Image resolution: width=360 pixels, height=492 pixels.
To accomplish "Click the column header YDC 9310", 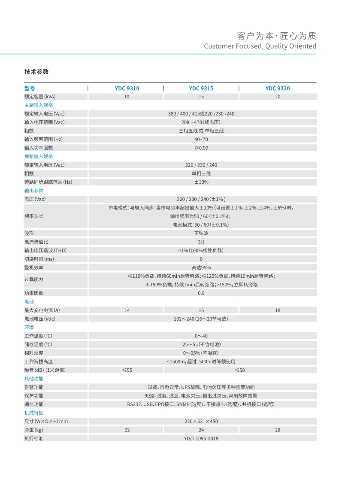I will point(127,88).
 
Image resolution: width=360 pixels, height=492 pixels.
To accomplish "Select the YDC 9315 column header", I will point(201,88).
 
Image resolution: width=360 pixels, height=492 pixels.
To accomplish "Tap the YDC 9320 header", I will point(277,88).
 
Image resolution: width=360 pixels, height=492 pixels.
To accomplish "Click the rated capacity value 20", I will point(278,97).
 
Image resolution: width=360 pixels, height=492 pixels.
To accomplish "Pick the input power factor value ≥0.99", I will point(201,148).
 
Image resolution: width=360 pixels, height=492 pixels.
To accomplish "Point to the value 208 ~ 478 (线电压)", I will point(201,122).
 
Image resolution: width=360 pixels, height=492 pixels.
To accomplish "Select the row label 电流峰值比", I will point(36,242).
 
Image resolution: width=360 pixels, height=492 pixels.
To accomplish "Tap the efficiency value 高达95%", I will point(201,267).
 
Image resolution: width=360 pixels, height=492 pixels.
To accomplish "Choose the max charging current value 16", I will point(201,310).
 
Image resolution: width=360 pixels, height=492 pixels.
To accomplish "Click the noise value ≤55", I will point(127,370).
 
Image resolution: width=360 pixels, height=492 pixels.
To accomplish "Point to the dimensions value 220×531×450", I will point(201,421).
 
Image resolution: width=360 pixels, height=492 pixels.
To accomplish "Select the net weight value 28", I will point(278,430).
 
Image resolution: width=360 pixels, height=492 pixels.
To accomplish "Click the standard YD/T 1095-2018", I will point(201,438).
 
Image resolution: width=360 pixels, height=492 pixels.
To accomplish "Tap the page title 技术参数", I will point(36,72).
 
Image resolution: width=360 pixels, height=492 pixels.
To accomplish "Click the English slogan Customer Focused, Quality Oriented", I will point(260,46).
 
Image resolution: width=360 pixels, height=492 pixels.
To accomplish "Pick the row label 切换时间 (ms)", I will point(39,259).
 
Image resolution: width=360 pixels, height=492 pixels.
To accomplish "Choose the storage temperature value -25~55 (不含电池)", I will point(201,344).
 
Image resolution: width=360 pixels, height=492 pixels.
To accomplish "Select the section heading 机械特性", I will point(34,413).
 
